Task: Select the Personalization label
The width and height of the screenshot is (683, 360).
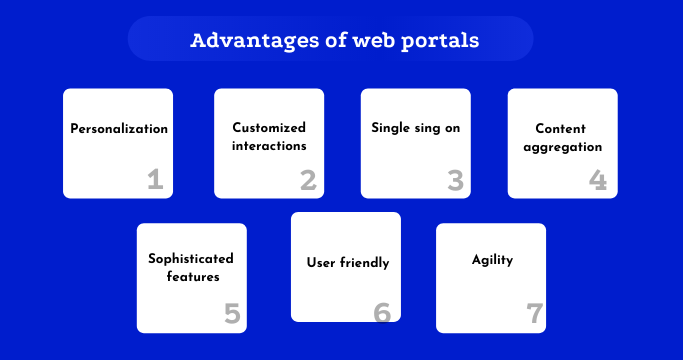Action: click(x=118, y=129)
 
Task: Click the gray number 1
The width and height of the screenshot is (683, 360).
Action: click(x=155, y=180)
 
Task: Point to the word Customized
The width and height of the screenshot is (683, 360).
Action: click(x=269, y=128)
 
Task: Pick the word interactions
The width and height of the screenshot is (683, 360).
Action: click(x=269, y=146)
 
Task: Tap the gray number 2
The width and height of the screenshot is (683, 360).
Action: click(x=308, y=180)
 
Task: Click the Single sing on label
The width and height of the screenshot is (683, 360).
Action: click(x=415, y=128)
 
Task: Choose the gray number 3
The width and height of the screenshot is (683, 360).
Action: click(x=455, y=180)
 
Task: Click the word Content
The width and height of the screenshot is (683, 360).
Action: click(x=561, y=128)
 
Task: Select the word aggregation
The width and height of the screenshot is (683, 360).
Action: click(x=561, y=146)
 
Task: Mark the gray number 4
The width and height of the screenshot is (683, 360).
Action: click(x=598, y=180)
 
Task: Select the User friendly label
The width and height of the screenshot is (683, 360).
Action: click(x=346, y=263)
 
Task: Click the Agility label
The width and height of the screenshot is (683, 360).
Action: click(x=492, y=260)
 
